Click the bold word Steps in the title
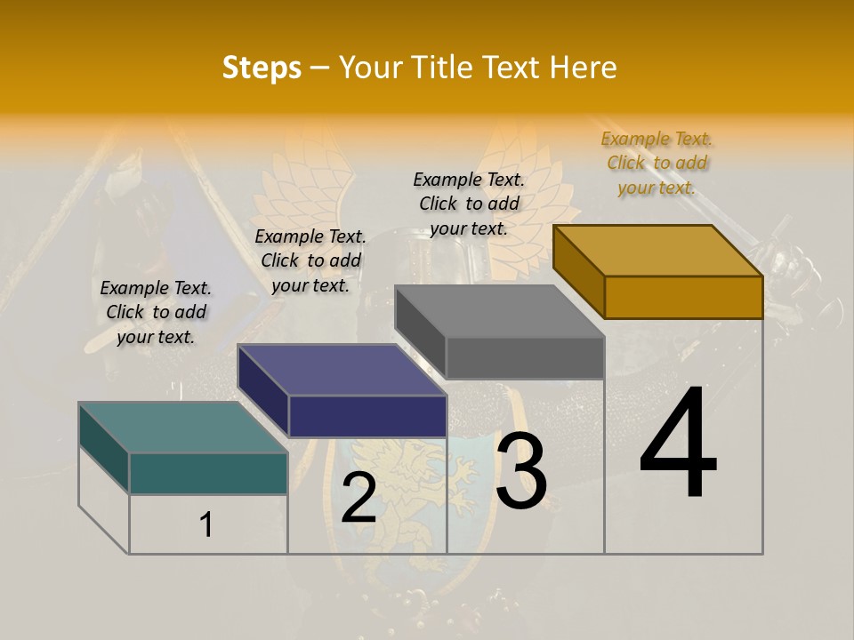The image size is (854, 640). tap(262, 68)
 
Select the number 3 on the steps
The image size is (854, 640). tap(521, 471)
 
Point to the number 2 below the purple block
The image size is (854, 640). tap(359, 498)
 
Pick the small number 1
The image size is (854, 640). tap(206, 524)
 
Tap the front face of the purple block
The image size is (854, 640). tap(367, 416)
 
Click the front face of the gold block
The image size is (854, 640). tap(683, 297)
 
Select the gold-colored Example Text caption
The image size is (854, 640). tap(657, 163)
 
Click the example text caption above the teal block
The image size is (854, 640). tap(156, 312)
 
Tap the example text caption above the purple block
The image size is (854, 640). tap(310, 260)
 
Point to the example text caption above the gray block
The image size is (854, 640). tap(469, 204)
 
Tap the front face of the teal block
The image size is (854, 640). tap(208, 473)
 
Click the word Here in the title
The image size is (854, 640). tap(584, 68)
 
